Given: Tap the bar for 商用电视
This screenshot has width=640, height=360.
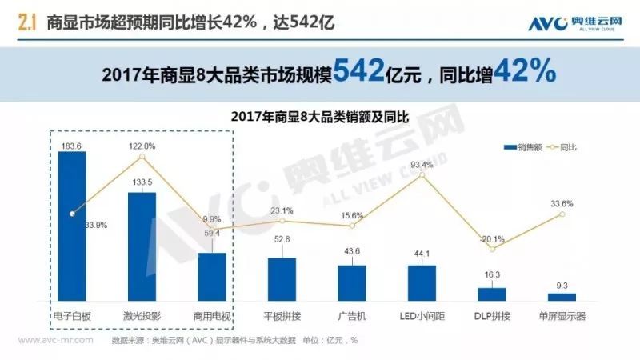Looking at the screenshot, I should click(212, 276).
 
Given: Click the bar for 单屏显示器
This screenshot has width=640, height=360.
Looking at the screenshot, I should click(562, 296).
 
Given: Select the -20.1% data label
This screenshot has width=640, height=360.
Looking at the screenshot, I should click(492, 238).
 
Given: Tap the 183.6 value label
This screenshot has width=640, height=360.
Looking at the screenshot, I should click(72, 144).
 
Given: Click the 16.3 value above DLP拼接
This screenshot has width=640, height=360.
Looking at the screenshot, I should click(492, 276).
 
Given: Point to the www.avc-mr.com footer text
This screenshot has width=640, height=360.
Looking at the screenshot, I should click(55, 339).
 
